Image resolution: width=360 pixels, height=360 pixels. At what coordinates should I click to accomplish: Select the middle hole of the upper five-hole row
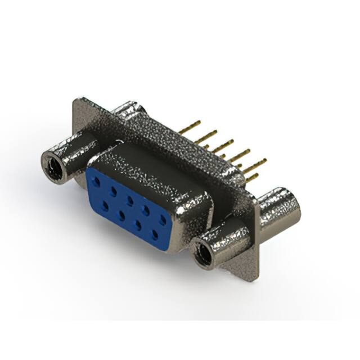click(130, 200)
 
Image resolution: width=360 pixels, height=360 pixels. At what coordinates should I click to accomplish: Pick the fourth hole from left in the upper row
click(146, 209)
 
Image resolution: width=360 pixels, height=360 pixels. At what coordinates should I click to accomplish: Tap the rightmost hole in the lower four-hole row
click(154, 232)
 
